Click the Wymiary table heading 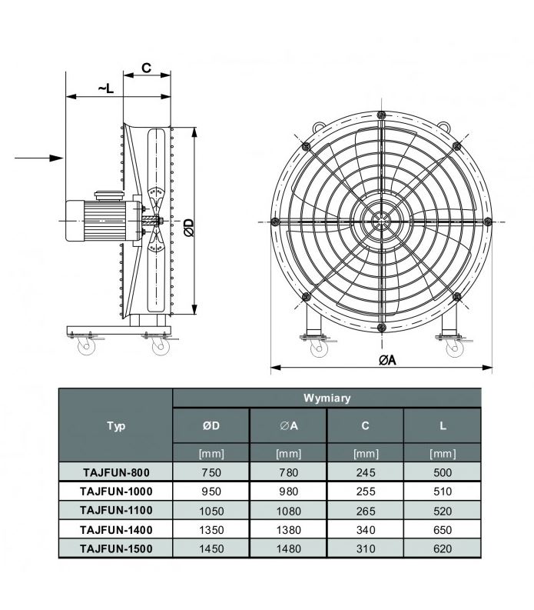327,398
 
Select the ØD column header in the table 211,425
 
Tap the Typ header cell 116,425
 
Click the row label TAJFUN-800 116,472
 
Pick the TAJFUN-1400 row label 116,529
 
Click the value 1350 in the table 211,530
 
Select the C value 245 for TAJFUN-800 365,472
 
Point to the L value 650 443,530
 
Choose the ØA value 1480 288,548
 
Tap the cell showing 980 288,492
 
